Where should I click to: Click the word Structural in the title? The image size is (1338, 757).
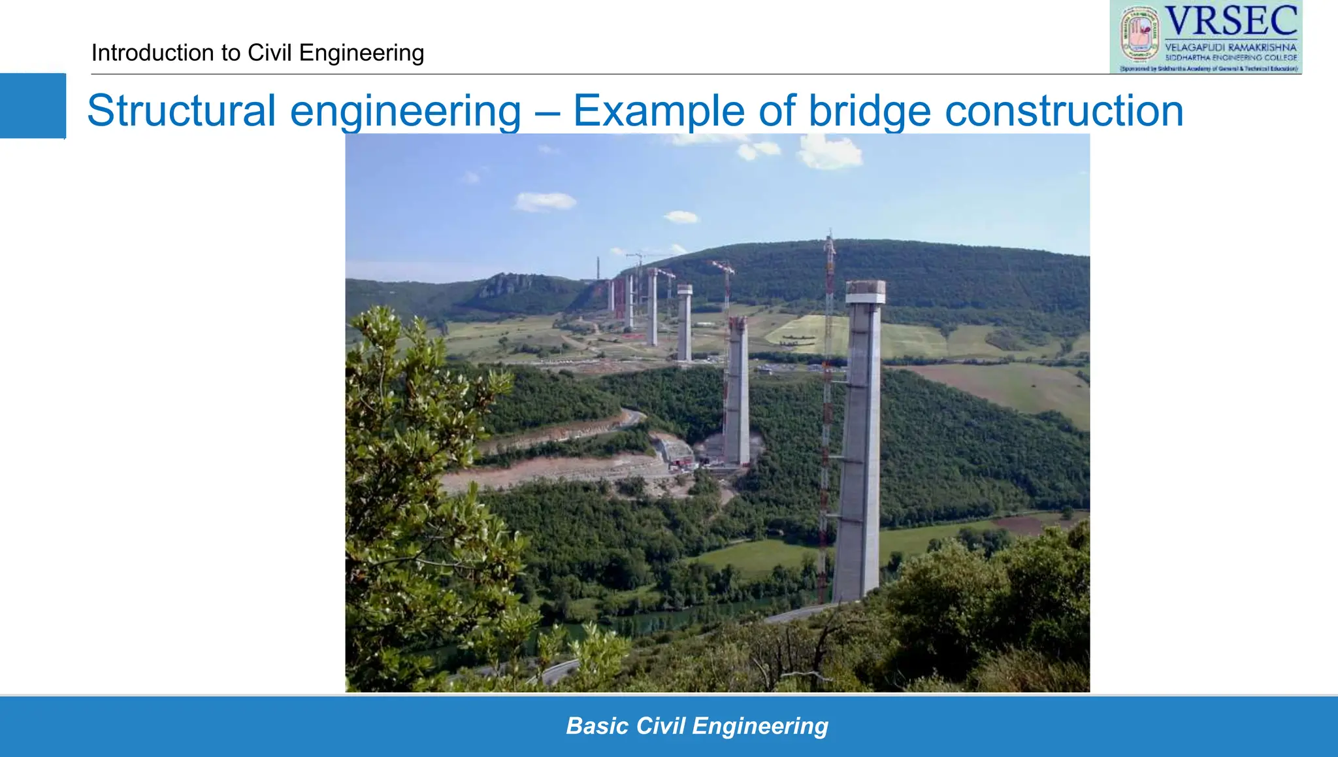pos(181,110)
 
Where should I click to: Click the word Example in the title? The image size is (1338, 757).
pos(659,110)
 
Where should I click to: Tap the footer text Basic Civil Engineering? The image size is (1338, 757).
pos(696,726)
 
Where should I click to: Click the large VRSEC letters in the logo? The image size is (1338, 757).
pos(1231,22)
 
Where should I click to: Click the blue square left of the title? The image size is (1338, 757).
pos(33,106)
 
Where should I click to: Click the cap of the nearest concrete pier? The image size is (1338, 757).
pos(865,292)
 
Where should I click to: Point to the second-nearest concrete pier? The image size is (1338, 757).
pos(737,392)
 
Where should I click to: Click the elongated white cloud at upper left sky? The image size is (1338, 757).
pos(545,201)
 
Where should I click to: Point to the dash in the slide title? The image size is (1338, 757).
pos(546,110)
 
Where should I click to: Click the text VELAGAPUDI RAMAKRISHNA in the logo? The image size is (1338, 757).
pos(1230,47)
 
